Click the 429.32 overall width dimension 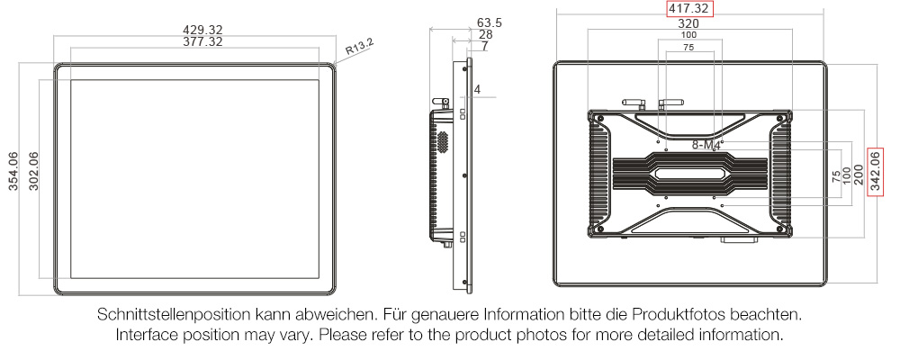point(202,29)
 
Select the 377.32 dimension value point(202,41)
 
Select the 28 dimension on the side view point(485,34)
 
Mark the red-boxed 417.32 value point(689,9)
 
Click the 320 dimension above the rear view point(688,23)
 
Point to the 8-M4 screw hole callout point(707,145)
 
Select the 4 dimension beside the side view point(478,89)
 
